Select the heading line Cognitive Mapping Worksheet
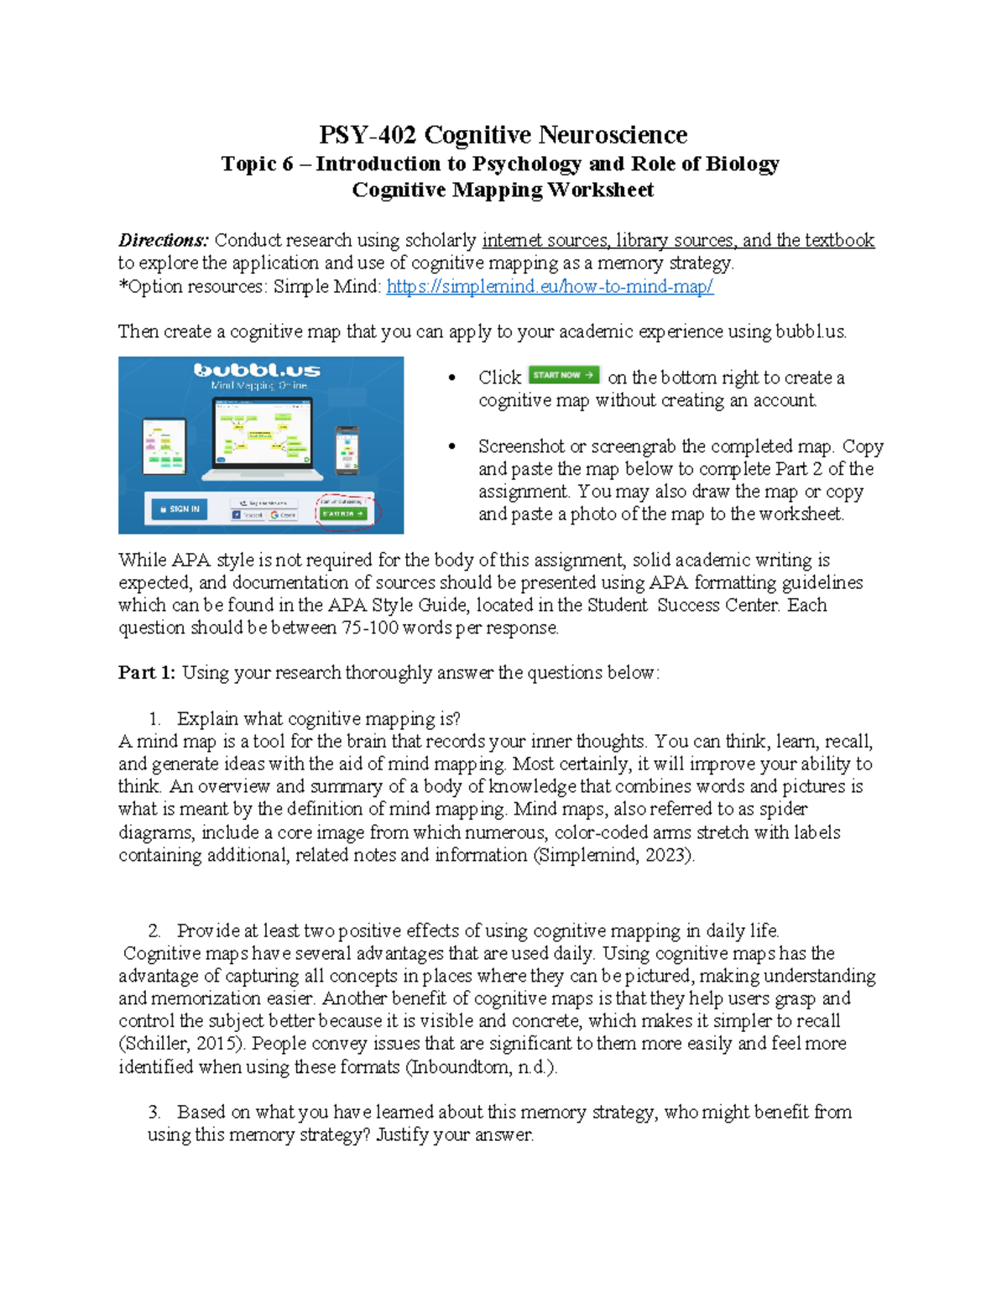tap(503, 190)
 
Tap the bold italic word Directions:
tap(163, 241)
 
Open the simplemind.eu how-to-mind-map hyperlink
tap(550, 287)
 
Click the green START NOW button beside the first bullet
tap(563, 375)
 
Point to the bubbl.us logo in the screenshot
tap(257, 370)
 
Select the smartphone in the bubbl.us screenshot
tap(347, 451)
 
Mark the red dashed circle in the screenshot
tap(348, 512)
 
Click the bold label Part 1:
tap(147, 673)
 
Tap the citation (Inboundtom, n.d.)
tap(481, 1067)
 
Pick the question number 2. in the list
tap(154, 931)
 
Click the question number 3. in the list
tap(154, 1113)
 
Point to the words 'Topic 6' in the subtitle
tap(257, 164)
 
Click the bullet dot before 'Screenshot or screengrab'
tap(452, 447)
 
